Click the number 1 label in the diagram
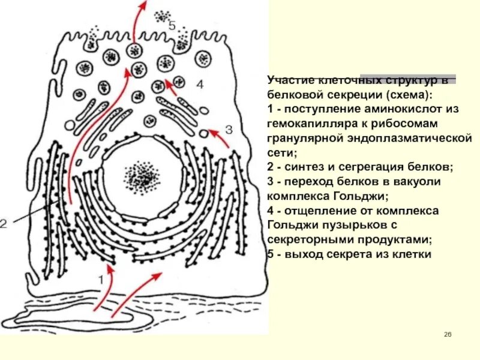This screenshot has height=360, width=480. tap(101, 279)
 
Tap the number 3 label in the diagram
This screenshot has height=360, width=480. tap(228, 129)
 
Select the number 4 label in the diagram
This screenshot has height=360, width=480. tap(200, 85)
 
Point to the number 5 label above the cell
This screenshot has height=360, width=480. tap(172, 26)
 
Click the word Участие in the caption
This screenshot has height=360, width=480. tap(289, 80)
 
